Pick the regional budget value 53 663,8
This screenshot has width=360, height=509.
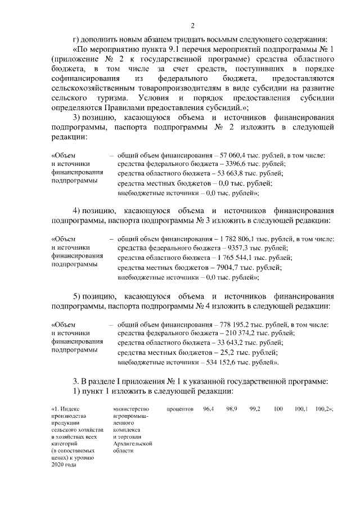point(226,173)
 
